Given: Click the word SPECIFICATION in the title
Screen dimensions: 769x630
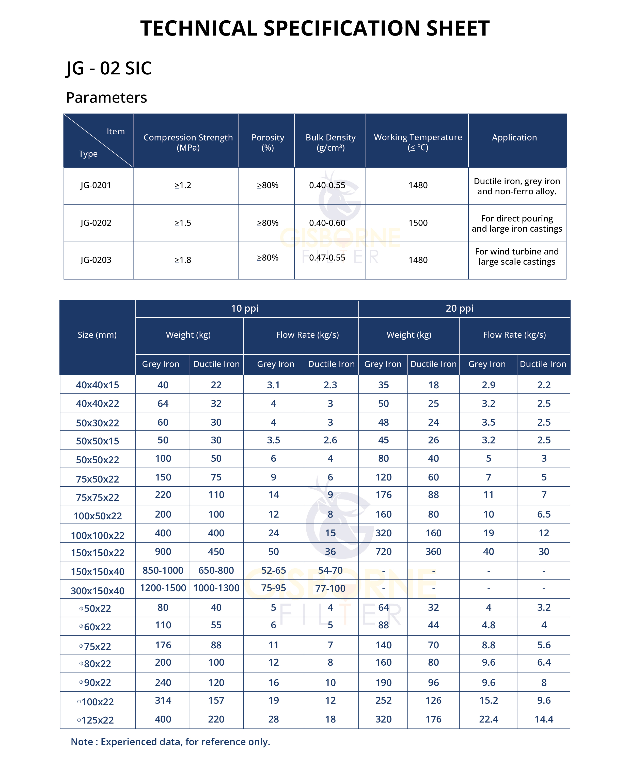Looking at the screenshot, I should click(341, 28).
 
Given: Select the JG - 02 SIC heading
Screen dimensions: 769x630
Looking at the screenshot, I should click(108, 68).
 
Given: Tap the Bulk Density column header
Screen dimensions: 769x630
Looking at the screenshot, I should click(330, 142).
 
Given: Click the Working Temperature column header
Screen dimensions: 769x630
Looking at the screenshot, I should click(418, 142).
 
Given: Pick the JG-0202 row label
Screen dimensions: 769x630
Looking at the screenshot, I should click(96, 223).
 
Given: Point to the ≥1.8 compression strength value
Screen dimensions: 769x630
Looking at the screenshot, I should click(183, 260).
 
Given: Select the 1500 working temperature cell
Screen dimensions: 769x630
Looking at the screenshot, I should click(418, 223).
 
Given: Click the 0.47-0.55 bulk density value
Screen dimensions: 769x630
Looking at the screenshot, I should click(327, 258).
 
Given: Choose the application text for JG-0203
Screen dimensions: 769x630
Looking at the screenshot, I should click(516, 257).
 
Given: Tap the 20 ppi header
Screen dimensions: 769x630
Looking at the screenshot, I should click(460, 308).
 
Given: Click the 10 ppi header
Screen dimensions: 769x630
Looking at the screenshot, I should click(245, 308).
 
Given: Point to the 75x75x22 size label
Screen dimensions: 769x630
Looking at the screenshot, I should click(97, 497).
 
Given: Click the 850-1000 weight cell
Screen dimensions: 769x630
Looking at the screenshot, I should click(163, 570).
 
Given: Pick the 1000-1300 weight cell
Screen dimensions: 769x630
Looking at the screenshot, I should click(216, 588).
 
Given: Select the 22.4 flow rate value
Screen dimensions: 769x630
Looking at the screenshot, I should click(489, 719).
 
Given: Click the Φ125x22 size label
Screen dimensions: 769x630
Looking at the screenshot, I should click(96, 720).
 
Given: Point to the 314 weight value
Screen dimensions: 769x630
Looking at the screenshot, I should click(163, 700).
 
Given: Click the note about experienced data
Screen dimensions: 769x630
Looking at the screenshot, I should click(170, 742).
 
